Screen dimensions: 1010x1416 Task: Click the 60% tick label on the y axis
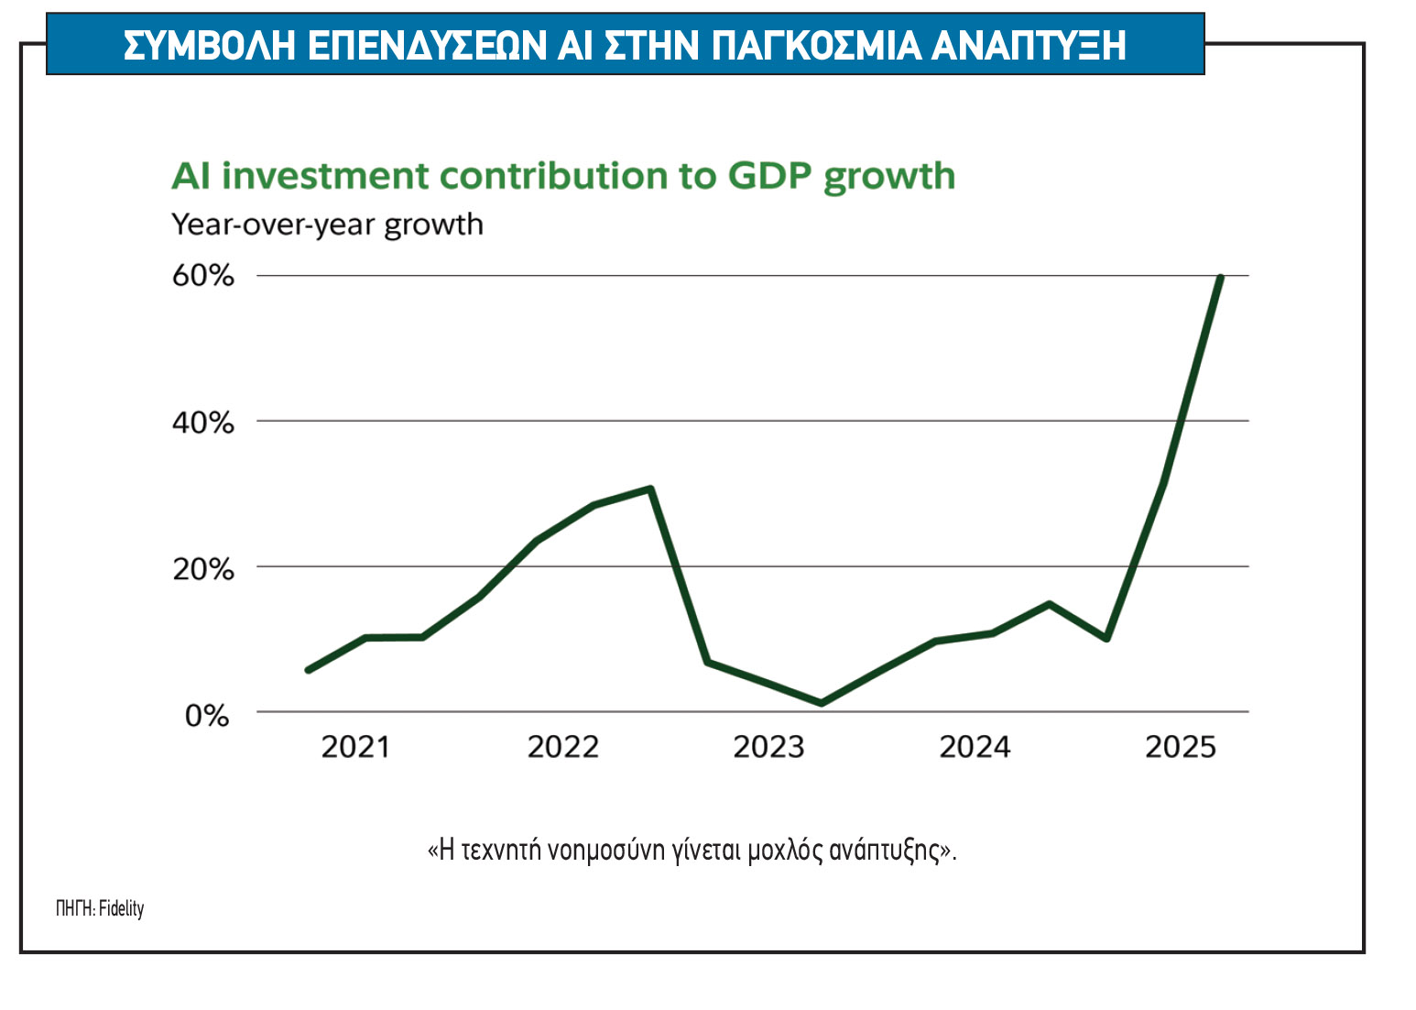(202, 276)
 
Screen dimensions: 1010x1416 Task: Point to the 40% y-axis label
(202, 423)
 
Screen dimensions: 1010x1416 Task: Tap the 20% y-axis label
(202, 569)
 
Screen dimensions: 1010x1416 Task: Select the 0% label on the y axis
(207, 715)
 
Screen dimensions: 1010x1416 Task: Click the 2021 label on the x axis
(355, 747)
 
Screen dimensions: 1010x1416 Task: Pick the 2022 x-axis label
(562, 747)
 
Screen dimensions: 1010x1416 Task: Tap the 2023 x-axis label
(768, 747)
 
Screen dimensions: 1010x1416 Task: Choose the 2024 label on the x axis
(975, 747)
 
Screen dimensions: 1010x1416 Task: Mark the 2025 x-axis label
(1181, 747)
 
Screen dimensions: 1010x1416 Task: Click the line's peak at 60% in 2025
(1220, 277)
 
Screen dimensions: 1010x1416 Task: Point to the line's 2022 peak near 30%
(650, 489)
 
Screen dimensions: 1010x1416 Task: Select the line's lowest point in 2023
(821, 703)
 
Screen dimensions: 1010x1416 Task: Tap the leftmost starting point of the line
(308, 670)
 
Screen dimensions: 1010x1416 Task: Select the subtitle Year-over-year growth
(327, 225)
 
